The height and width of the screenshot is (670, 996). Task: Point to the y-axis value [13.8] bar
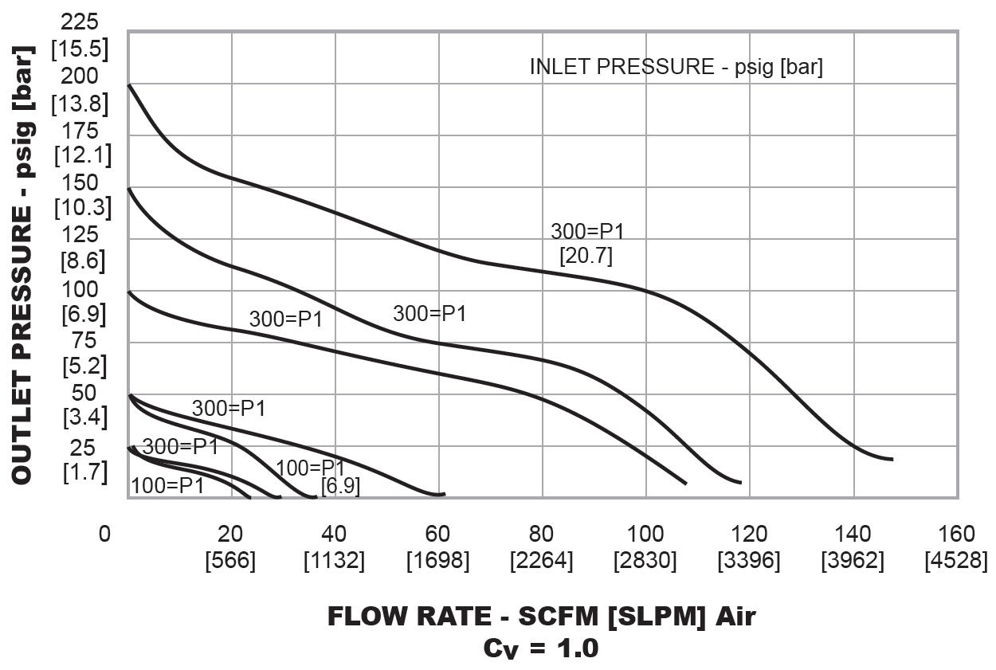80,104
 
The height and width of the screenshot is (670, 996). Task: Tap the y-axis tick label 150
80,182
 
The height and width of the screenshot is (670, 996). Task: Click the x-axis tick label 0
104,534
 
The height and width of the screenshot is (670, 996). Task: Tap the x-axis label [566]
230,561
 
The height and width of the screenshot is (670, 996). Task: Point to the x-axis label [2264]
541,561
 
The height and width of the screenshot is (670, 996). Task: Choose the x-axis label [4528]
956,561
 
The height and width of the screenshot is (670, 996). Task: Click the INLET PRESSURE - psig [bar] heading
676,67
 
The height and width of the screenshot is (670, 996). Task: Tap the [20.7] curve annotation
586,257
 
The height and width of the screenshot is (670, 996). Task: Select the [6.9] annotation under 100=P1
340,486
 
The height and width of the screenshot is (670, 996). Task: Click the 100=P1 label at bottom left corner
167,484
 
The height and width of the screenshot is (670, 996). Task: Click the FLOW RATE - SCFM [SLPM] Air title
541,617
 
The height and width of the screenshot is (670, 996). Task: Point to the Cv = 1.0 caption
541,648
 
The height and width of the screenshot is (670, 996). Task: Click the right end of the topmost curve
892,459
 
